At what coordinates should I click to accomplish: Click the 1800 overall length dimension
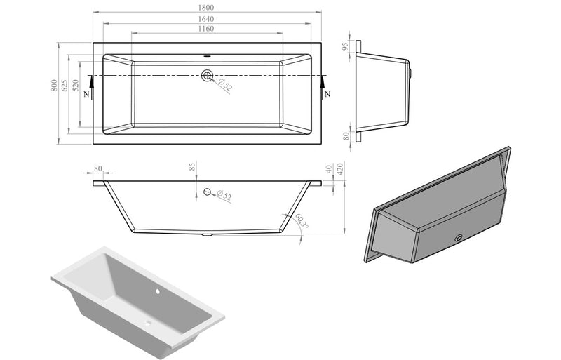click(207, 8)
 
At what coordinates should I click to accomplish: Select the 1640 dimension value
click(207, 18)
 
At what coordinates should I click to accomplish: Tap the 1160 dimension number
click(205, 29)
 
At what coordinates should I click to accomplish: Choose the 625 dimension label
click(65, 86)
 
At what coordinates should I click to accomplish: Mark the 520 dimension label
click(76, 86)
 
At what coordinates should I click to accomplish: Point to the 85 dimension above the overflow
click(192, 167)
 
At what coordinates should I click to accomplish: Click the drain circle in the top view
click(207, 75)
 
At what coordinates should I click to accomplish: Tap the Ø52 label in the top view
click(224, 86)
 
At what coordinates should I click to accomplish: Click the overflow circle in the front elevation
click(207, 192)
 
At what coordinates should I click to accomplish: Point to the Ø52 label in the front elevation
click(224, 196)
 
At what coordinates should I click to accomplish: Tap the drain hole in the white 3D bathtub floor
click(149, 324)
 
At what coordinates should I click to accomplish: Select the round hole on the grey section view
click(459, 238)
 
